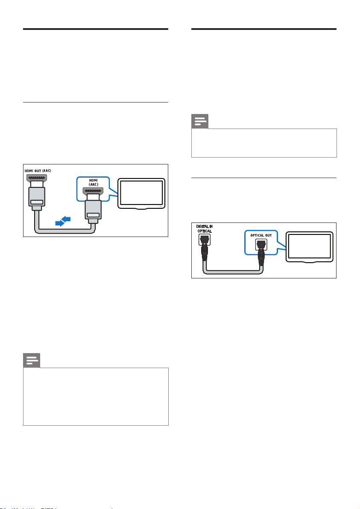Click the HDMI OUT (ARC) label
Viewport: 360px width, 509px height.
pos(38,171)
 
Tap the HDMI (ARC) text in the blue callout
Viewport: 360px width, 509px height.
pos(94,182)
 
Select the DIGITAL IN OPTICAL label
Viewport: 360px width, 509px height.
pos(205,229)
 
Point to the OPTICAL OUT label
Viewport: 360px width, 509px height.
pos(261,235)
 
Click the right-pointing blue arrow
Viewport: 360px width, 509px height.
pos(60,223)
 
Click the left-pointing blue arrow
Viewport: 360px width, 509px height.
pos(66,219)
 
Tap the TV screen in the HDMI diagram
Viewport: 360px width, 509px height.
pos(141,193)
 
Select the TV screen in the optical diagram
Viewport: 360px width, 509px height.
pos(309,247)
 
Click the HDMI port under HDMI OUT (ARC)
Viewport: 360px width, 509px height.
pos(37,178)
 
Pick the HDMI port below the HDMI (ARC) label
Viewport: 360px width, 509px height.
pos(94,191)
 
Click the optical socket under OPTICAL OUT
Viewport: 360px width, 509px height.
pos(261,244)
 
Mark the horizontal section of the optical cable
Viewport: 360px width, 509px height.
pos(233,272)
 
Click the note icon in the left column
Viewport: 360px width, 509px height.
pos(32,360)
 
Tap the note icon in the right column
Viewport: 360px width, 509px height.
pos(199,121)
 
